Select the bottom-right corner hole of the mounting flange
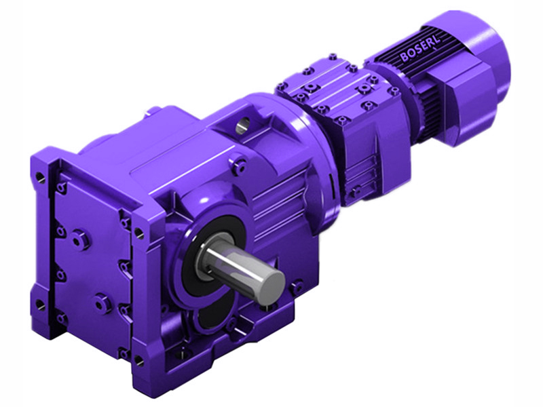click(x=138, y=359)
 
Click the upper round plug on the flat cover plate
click(x=79, y=239)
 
